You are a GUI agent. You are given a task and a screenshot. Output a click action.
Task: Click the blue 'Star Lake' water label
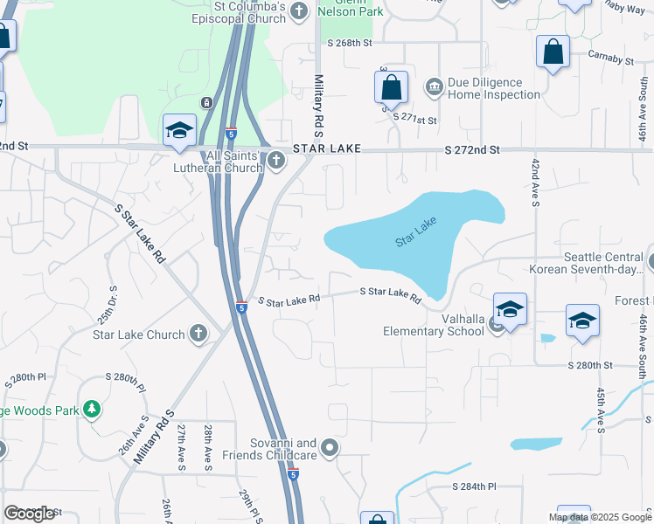(x=415, y=231)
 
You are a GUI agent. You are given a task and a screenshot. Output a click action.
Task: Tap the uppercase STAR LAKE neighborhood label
(x=327, y=150)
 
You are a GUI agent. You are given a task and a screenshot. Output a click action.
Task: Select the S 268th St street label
(x=350, y=42)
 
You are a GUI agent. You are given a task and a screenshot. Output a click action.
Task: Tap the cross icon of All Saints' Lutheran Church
(x=276, y=159)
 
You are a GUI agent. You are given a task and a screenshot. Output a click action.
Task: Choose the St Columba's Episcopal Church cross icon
(x=300, y=10)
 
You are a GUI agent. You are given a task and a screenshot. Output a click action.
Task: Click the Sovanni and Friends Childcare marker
(x=330, y=448)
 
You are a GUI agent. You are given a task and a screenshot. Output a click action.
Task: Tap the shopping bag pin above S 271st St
(x=391, y=86)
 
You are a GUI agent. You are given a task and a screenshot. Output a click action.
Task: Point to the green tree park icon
(x=90, y=409)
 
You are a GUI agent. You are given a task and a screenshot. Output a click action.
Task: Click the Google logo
(x=29, y=514)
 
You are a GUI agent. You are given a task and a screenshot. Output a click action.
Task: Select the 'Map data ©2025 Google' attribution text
(x=600, y=517)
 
